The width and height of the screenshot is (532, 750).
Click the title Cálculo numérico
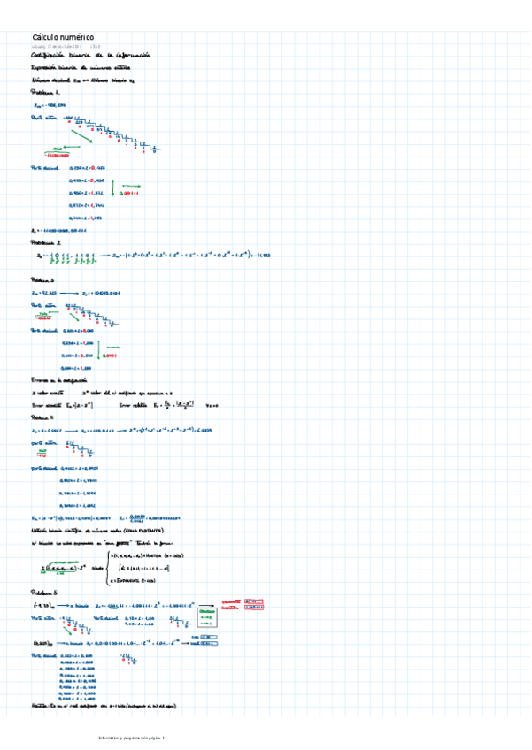(63, 36)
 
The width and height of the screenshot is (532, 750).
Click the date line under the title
(66, 47)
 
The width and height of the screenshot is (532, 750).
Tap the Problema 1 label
(44, 91)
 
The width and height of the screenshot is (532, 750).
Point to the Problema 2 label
(45, 241)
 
